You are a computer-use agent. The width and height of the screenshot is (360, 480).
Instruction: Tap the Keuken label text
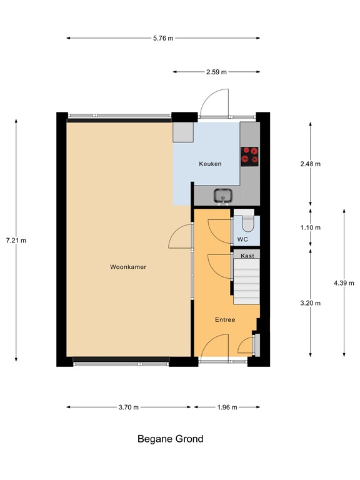210,164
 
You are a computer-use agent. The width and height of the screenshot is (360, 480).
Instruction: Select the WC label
243,239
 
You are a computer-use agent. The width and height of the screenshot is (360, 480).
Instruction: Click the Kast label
247,255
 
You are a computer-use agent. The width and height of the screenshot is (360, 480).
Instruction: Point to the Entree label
225,319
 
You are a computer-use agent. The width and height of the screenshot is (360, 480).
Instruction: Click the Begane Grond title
170,439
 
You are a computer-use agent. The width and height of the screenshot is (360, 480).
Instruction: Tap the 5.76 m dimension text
163,38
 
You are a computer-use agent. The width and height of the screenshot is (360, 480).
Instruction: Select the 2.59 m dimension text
216,72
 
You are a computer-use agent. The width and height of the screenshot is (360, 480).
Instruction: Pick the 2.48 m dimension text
310,164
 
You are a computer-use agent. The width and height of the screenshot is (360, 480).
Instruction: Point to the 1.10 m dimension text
310,227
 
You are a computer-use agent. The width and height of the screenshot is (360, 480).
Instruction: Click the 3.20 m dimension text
310,303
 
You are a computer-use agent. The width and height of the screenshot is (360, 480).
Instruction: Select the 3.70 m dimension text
128,407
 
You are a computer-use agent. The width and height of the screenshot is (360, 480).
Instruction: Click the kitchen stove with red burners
250,155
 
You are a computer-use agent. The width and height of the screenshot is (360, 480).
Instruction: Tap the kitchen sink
222,196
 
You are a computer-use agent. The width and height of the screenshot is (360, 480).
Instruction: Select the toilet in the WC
247,222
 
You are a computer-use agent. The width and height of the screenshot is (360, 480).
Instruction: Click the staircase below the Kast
246,281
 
